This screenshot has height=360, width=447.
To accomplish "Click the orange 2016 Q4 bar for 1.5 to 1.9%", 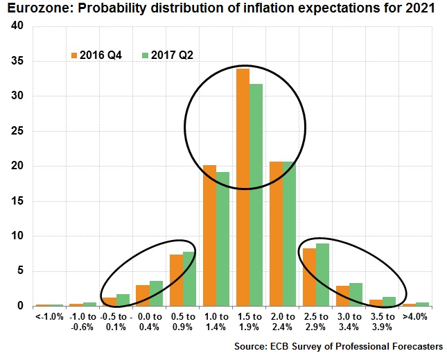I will point(243,187).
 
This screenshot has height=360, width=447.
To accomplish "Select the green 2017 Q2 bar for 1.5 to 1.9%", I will point(256,195).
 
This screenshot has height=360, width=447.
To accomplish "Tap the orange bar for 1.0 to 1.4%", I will point(209,236).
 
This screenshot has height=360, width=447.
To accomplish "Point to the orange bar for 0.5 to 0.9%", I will point(176,280).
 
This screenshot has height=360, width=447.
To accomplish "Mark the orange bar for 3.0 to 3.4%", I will point(342,295).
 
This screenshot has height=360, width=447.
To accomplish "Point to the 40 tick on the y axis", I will point(18,26).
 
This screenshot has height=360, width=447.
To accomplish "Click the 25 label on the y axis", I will point(18,131).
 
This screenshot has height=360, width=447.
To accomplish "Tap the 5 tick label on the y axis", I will point(21,271).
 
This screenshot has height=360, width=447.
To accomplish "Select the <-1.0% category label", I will point(49,317).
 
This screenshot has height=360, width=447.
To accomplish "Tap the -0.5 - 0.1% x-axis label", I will point(116,322).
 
